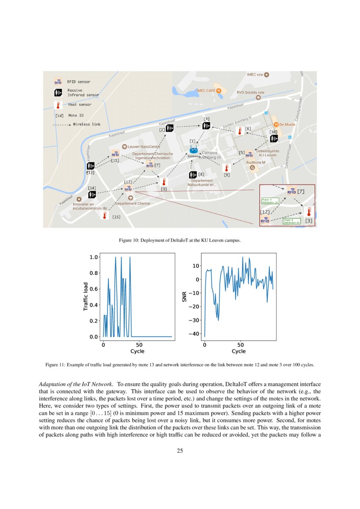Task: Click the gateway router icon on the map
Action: (x=193, y=151)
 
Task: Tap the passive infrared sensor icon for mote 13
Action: (x=91, y=165)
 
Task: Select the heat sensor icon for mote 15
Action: (x=104, y=215)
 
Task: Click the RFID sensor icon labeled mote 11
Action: (x=115, y=154)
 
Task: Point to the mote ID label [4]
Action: (x=207, y=118)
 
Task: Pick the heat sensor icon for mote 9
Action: (x=226, y=167)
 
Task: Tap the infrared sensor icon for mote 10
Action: (x=274, y=139)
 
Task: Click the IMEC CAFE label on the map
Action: (x=207, y=91)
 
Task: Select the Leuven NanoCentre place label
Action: (x=141, y=147)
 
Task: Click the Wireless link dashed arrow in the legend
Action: (x=61, y=125)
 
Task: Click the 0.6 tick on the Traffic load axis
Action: (x=94, y=289)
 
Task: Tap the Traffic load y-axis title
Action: (x=86, y=297)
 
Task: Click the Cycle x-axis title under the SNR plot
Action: (x=238, y=351)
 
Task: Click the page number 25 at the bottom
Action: (x=180, y=451)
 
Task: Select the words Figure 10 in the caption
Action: (x=128, y=240)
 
